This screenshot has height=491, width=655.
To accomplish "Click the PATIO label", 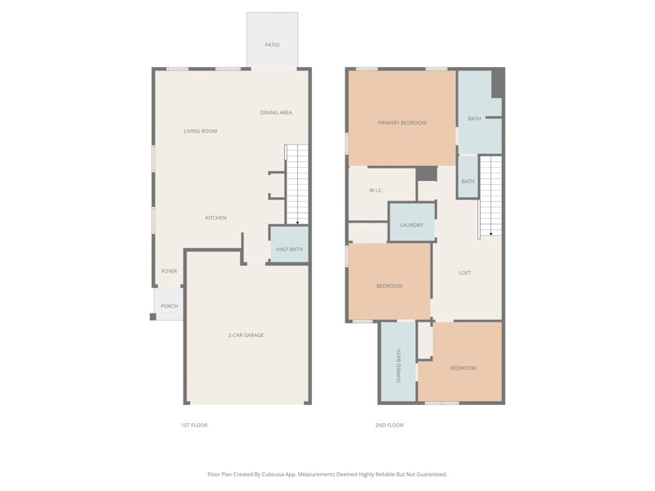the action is click(x=272, y=45).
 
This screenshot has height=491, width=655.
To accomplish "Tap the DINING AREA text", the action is click(x=276, y=113).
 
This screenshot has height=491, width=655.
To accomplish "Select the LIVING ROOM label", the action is click(x=201, y=131).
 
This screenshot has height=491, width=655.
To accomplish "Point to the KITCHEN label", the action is click(x=215, y=218).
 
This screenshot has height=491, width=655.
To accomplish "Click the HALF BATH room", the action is click(x=289, y=245).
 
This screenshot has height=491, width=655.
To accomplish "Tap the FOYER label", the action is click(x=169, y=272).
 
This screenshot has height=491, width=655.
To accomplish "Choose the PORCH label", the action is click(x=169, y=306).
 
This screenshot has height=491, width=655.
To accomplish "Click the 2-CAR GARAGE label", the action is click(x=246, y=336).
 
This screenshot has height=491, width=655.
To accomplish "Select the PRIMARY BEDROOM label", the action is click(x=402, y=123).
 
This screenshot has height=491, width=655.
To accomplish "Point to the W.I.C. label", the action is click(x=376, y=191).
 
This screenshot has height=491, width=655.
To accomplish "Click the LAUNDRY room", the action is click(x=412, y=222).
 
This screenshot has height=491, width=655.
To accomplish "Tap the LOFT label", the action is click(x=465, y=273).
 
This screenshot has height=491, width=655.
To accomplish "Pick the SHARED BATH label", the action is click(x=399, y=366).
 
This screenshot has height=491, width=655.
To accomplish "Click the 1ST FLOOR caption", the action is click(x=194, y=426).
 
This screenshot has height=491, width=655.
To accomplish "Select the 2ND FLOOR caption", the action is click(x=390, y=426).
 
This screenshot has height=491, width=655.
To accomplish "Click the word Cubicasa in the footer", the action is click(x=273, y=475).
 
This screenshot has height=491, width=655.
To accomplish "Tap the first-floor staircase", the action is click(x=296, y=184).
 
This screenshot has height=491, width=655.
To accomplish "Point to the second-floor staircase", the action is click(x=490, y=196).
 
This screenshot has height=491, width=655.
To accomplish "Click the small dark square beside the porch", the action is click(x=153, y=317).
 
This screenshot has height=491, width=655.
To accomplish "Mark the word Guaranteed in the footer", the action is click(x=433, y=475).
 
